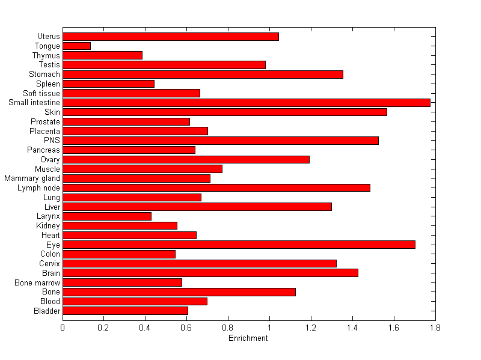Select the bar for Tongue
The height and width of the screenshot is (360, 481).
coord(76,46)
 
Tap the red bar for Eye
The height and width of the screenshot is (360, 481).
coord(239,245)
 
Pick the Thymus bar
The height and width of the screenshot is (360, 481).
coord(102,55)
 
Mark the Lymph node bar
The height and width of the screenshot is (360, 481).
coord(216,188)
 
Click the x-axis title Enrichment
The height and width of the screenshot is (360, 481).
coord(248,338)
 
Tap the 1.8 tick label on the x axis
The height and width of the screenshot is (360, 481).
coord(435,328)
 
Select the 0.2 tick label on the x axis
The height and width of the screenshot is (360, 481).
coord(104,328)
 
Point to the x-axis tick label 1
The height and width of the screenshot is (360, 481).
coord(269,328)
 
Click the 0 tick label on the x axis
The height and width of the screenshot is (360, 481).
coord(63,328)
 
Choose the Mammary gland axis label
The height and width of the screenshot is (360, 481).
coord(32,178)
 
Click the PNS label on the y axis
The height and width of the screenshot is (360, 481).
coord(52,141)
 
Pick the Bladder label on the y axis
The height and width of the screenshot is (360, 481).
coord(47,311)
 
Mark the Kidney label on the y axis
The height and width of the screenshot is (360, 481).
coord(48,226)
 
